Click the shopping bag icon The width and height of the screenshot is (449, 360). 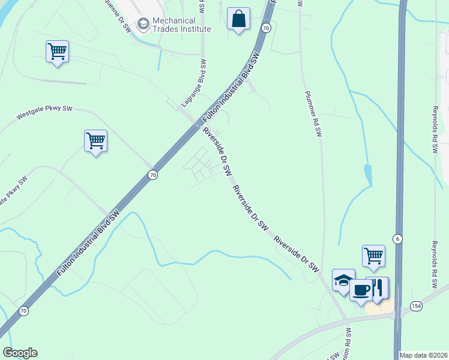click(239, 19)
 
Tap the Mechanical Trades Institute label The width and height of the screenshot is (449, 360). click(182, 24)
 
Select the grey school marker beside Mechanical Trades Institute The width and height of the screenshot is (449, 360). click(143, 24)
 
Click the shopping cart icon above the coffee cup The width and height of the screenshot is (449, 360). click(373, 256)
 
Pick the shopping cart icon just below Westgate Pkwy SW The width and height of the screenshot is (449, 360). click(95, 141)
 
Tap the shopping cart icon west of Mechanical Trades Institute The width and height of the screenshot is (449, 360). click(57, 52)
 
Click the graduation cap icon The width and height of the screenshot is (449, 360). click(343, 280)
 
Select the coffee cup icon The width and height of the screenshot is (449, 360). click(361, 290)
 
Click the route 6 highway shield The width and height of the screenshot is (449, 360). click(397, 239)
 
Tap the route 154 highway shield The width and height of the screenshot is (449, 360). click(416, 306)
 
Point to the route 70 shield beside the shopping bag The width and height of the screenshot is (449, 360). click(266, 28)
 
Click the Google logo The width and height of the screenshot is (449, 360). click(20, 353)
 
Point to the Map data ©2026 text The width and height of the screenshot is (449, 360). click(424, 355)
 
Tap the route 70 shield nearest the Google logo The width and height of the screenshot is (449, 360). click(23, 311)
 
